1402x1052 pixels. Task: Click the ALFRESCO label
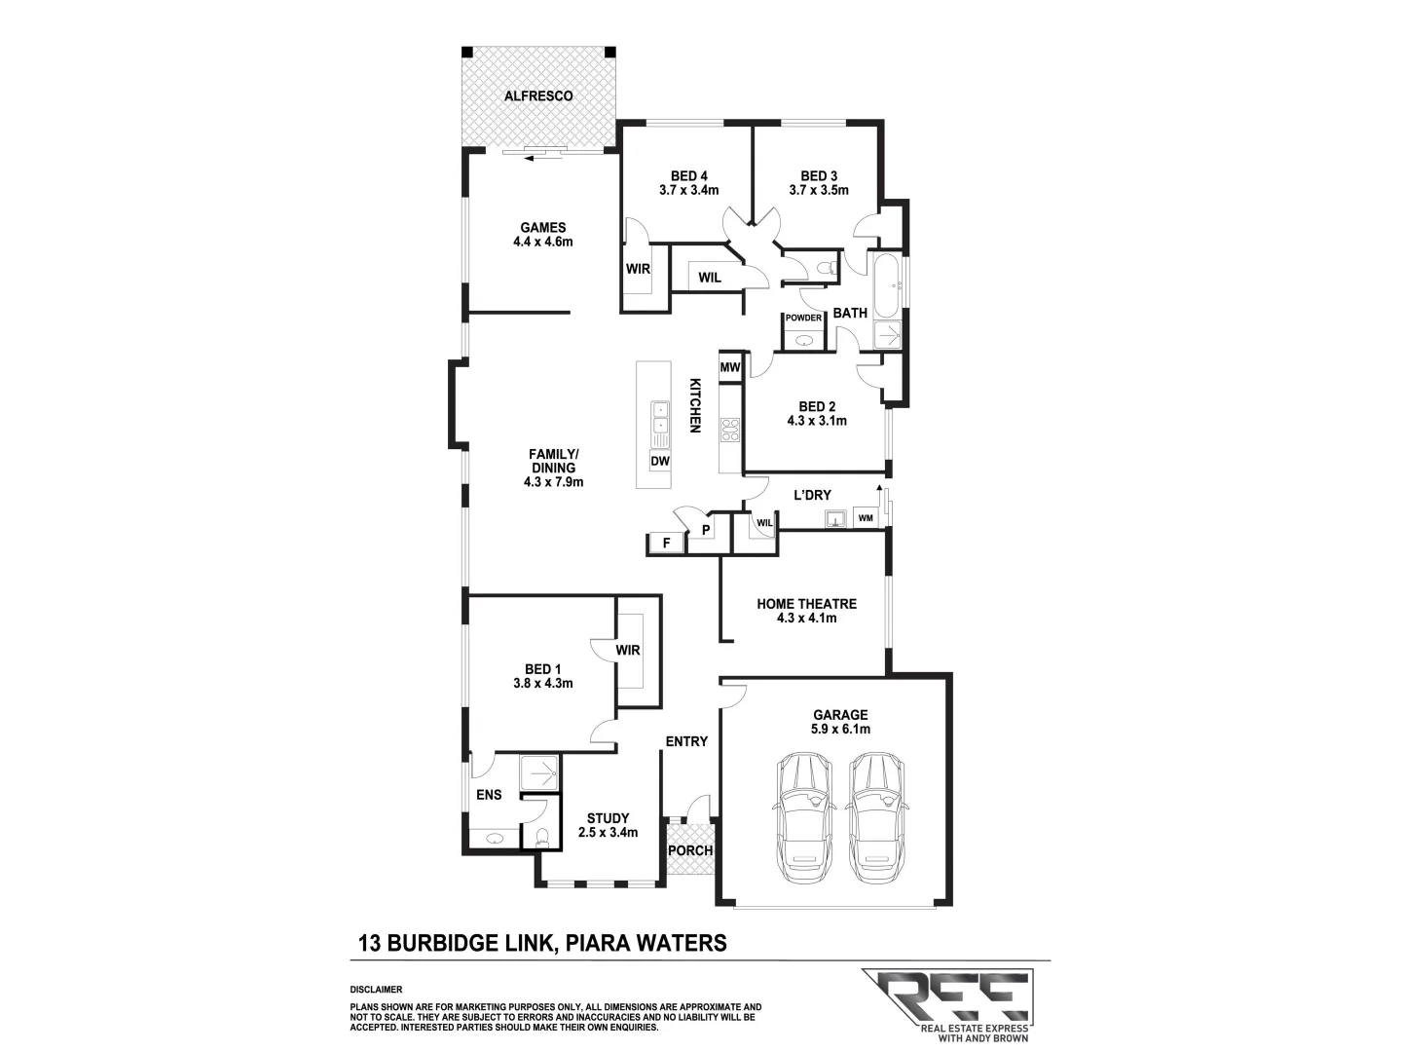click(537, 95)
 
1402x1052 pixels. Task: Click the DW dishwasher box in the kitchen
click(659, 461)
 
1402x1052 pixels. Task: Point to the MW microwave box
click(729, 367)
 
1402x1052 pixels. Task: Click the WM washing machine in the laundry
click(866, 518)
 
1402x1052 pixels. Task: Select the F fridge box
click(666, 543)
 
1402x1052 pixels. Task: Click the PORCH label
click(689, 850)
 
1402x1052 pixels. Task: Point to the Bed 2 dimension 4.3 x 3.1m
click(816, 421)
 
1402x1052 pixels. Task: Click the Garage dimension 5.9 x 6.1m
click(841, 729)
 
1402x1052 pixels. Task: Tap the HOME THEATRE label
click(806, 604)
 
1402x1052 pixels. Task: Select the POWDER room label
click(803, 318)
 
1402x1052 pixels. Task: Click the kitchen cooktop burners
click(729, 430)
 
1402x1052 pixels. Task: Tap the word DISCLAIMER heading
click(376, 990)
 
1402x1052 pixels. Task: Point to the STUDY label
click(608, 818)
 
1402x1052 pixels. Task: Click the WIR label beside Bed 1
click(628, 650)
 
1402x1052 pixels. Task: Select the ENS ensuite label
click(489, 795)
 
